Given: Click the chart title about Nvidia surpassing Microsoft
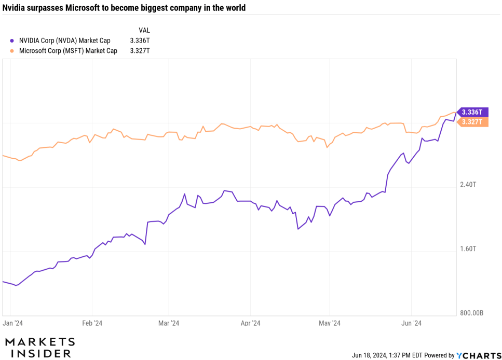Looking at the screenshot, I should click(x=124, y=8).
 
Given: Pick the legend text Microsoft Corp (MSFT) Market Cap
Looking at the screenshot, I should click(x=68, y=51).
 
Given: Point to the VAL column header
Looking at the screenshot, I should click(x=144, y=30).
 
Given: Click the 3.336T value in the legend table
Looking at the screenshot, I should click(x=140, y=40).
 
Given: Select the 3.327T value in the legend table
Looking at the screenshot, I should click(x=140, y=51).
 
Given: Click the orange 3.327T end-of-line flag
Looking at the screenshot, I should click(x=472, y=122).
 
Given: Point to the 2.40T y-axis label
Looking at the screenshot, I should click(x=468, y=185).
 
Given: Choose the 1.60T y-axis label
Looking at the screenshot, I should click(x=468, y=249).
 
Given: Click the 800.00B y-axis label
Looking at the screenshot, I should click(x=472, y=313).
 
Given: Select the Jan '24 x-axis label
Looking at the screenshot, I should click(x=12, y=324).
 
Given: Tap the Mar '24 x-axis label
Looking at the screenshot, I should click(x=169, y=324).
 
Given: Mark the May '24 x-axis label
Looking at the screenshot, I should click(x=330, y=324).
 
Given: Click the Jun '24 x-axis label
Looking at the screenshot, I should click(x=412, y=324).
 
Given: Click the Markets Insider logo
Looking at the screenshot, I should click(x=40, y=348).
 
